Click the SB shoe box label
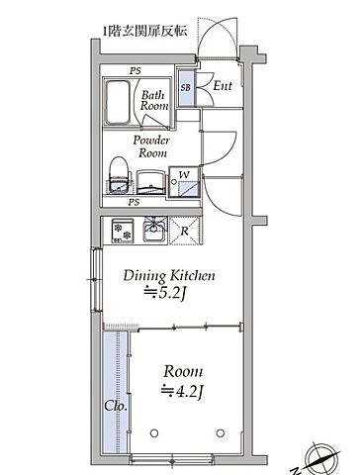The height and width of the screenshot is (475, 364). (x=186, y=87)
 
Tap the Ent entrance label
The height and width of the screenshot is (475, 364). (x=223, y=86)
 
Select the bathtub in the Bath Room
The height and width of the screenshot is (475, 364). (x=118, y=102)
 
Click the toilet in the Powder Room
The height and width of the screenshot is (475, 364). (x=119, y=175)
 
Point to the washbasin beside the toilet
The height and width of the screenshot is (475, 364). (x=150, y=182)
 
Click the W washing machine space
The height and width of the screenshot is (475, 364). (x=185, y=182)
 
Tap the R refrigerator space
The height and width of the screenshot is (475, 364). (x=185, y=231)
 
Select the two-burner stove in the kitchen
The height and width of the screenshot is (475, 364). (x=123, y=231)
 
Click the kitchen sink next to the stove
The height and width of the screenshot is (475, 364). (x=155, y=230)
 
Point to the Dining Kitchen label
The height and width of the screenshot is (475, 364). (x=169, y=276)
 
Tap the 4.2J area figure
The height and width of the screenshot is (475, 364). (x=182, y=392)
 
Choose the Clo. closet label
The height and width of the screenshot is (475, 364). (x=116, y=406)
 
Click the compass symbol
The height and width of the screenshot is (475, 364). (x=322, y=459)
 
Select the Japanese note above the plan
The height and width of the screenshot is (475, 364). (x=145, y=32)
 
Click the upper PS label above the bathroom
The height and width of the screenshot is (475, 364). (x=135, y=70)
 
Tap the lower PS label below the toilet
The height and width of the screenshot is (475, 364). (x=134, y=202)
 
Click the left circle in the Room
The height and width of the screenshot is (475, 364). (x=154, y=432)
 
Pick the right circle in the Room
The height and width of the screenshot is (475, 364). (x=221, y=432)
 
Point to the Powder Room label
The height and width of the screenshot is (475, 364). (x=151, y=146)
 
